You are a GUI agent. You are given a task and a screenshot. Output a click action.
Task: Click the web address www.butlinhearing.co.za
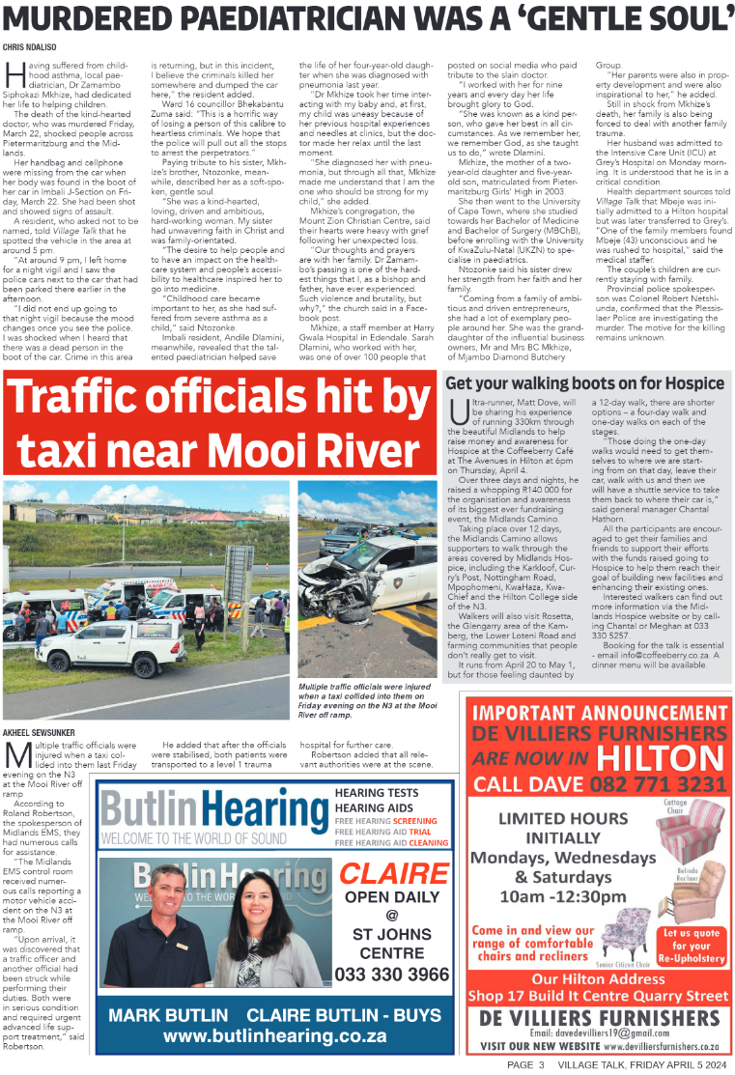point(275,1036)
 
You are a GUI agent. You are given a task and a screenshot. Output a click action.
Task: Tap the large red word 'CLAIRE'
point(393,873)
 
